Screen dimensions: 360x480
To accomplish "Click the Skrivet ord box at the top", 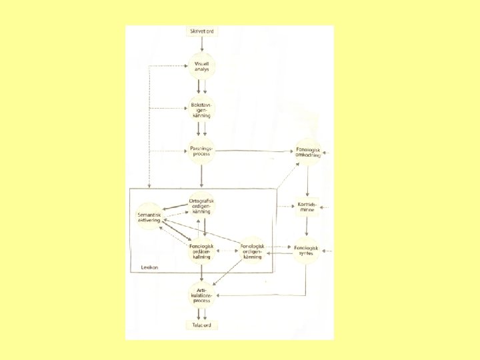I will [201, 31].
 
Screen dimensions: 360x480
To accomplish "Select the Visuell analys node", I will [201, 65].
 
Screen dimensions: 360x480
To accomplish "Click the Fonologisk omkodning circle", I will [307, 153].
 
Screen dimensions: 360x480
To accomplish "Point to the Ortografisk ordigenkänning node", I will [201, 206].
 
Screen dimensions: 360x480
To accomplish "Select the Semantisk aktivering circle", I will [149, 217].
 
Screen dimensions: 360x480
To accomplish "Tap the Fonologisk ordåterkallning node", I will [201, 251].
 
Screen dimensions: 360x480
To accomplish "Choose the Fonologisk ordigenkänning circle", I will [252, 251].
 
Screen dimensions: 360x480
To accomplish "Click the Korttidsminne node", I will [307, 207].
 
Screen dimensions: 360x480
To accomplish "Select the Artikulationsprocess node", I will [201, 295].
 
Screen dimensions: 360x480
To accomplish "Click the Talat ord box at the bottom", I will [201, 325].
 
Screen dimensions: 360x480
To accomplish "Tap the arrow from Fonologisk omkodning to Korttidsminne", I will [307, 179].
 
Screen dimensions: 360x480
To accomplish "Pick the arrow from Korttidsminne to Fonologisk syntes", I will [307, 228].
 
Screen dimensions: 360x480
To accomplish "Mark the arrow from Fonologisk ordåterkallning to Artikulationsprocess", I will [201, 273].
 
